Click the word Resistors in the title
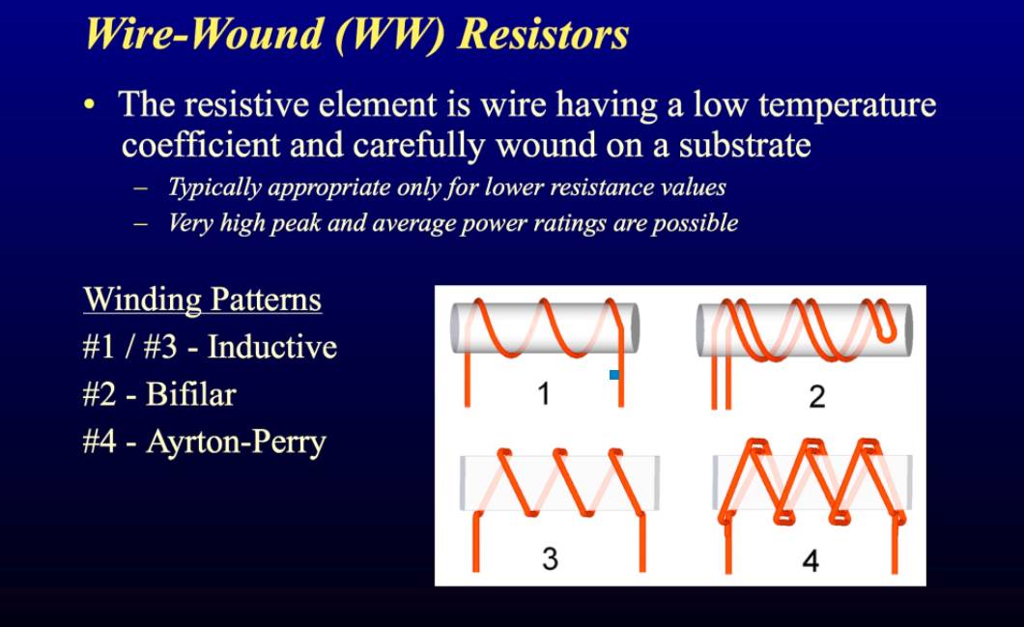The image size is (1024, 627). click(x=543, y=34)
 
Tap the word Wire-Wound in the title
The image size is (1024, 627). click(x=205, y=33)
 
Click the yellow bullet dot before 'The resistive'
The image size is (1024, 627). click(x=90, y=104)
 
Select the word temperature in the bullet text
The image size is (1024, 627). click(x=847, y=105)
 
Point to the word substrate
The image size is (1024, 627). click(x=745, y=145)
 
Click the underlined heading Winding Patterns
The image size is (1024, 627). click(x=203, y=299)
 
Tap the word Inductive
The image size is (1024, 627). click(x=272, y=347)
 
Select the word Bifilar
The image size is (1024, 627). click(x=190, y=394)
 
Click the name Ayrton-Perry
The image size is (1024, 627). click(x=236, y=442)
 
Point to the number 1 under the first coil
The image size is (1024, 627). click(x=543, y=394)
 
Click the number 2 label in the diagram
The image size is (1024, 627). click(x=817, y=396)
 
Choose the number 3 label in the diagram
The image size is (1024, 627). click(x=550, y=559)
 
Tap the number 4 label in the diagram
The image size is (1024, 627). click(x=811, y=560)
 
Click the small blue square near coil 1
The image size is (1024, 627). click(x=613, y=375)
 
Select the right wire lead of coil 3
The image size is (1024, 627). click(x=642, y=542)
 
